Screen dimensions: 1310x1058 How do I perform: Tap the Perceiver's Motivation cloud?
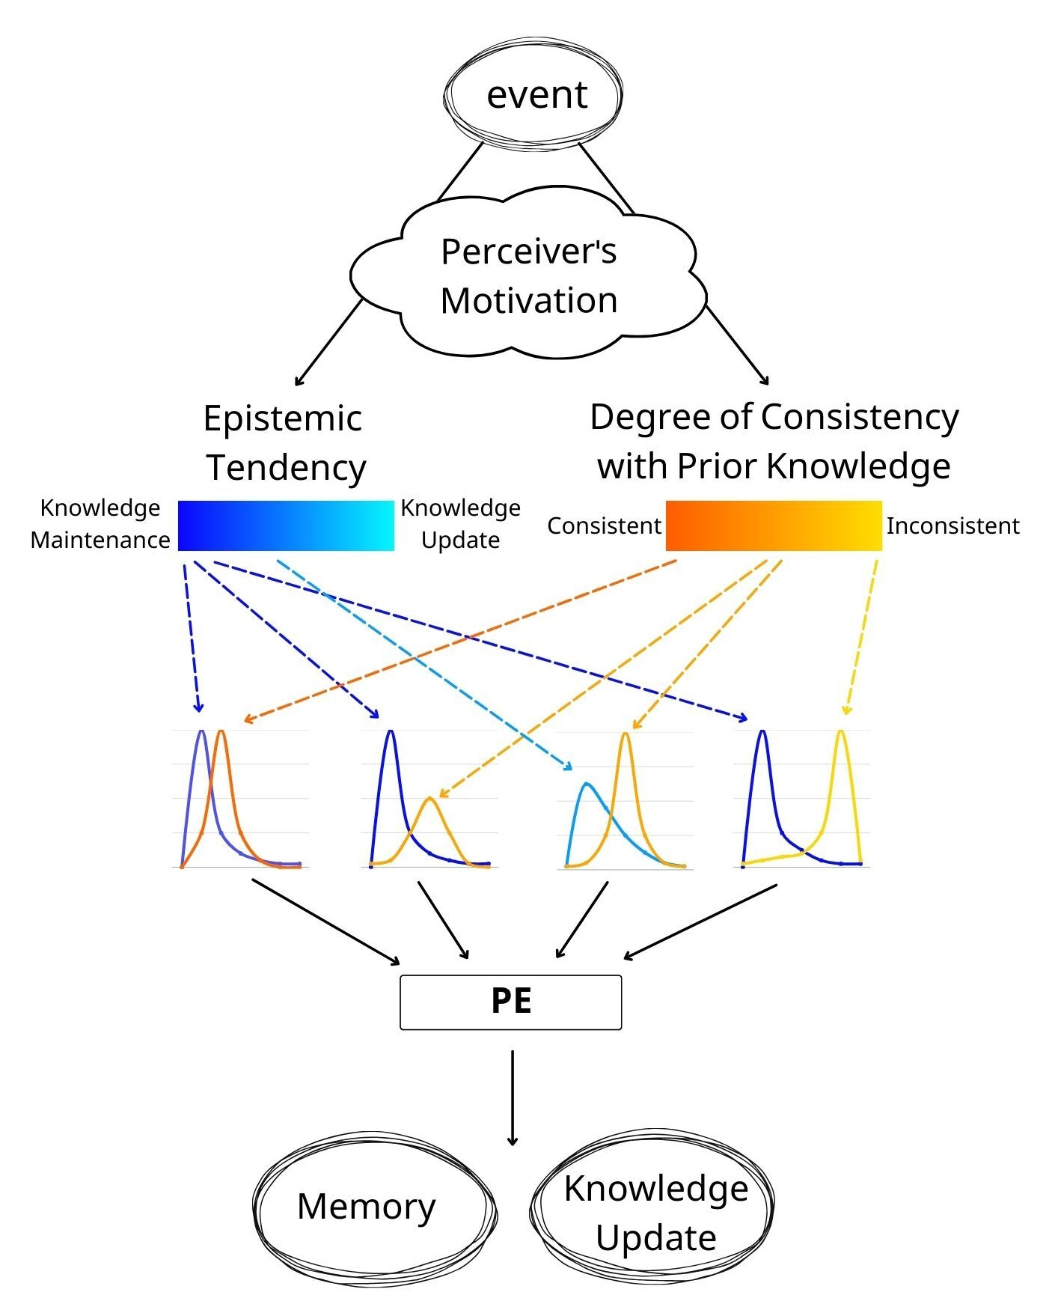coord(528,275)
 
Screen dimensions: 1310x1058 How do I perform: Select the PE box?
coord(511,1002)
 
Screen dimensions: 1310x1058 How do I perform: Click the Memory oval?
coord(367,1207)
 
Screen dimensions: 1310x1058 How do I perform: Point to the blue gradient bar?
coord(286,525)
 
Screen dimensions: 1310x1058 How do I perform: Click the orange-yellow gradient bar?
coord(774,525)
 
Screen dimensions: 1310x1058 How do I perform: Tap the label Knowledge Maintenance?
coord(100,524)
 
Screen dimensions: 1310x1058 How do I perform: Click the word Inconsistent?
coord(952,526)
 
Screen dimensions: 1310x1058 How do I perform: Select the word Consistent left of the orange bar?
coord(604,526)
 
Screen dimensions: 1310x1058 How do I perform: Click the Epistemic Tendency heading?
coord(285,443)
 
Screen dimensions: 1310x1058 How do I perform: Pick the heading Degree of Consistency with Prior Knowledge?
coord(774,442)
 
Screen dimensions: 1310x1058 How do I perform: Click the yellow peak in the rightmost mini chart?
coord(841,734)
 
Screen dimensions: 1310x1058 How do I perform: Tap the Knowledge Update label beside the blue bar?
coord(460,524)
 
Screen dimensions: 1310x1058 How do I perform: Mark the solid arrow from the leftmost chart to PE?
coord(325,921)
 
